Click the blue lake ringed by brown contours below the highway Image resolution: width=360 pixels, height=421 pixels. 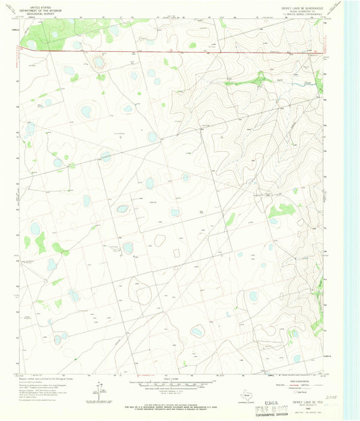[99, 63]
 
